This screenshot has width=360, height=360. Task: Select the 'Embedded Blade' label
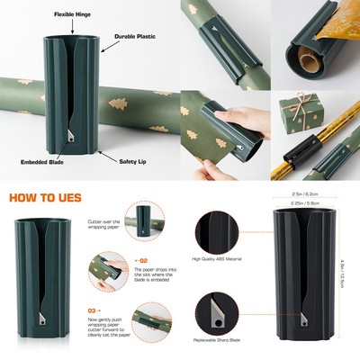click(x=40, y=162)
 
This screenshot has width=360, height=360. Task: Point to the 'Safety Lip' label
click(x=135, y=162)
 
